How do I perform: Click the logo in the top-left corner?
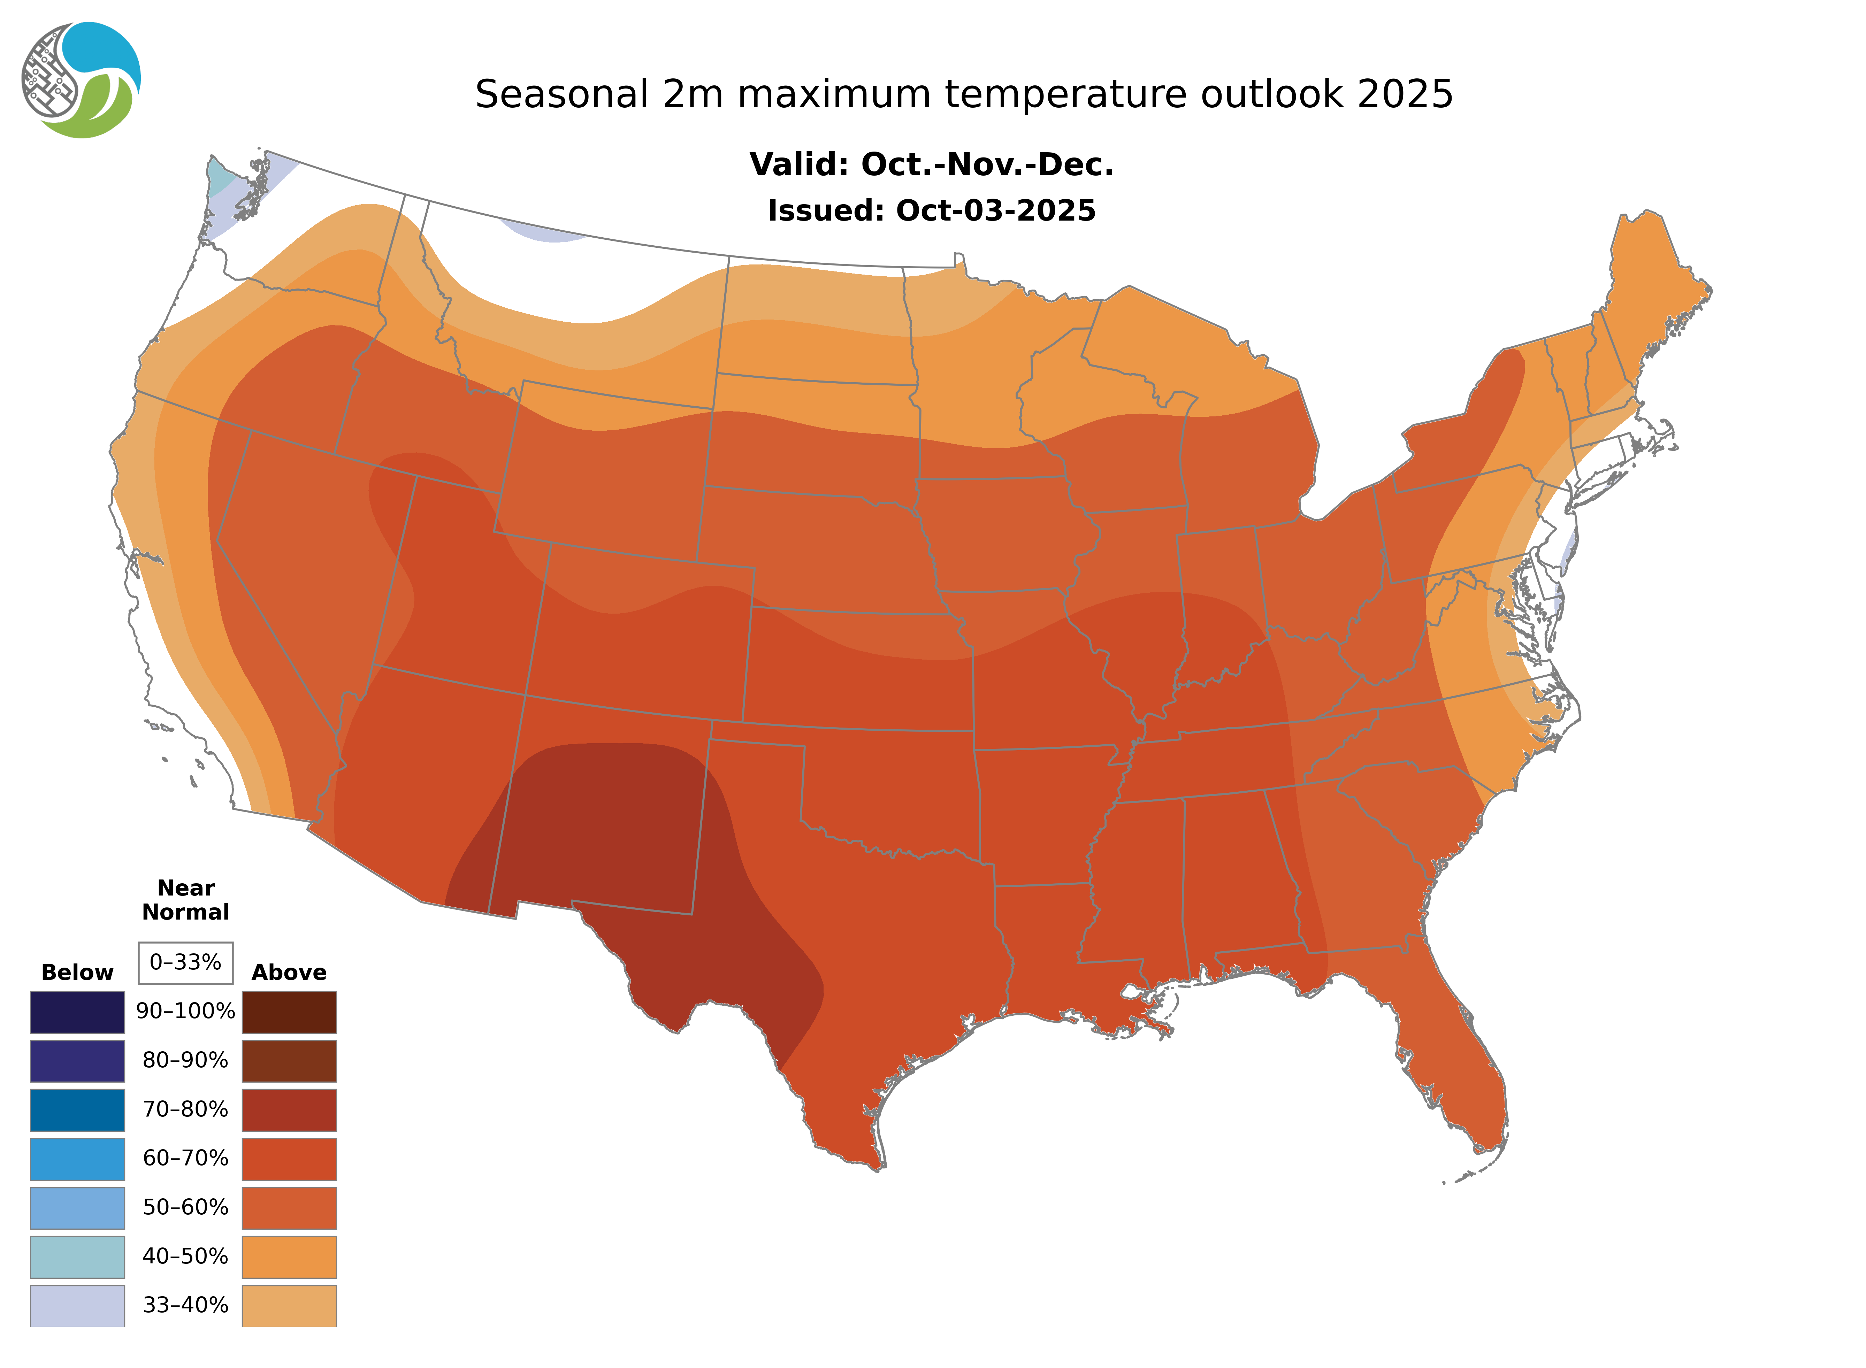[81, 80]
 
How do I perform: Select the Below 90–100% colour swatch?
[78, 1012]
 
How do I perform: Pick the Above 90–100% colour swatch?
[289, 1012]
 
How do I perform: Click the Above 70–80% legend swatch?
[289, 1110]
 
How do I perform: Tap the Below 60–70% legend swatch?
[78, 1159]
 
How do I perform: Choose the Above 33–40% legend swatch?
[289, 1305]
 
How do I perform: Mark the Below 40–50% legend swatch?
[78, 1256]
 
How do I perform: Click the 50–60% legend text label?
[185, 1207]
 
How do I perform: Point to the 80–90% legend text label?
[185, 1061]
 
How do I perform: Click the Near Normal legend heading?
[185, 900]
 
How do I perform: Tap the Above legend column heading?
[289, 972]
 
